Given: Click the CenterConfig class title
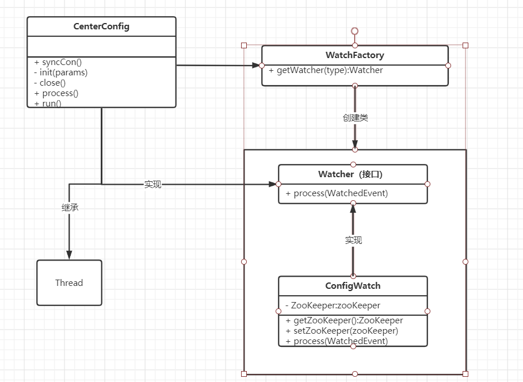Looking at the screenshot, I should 101,26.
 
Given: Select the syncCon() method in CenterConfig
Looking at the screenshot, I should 58,62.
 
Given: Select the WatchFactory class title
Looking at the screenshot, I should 354,55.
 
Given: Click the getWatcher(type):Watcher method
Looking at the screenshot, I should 326,70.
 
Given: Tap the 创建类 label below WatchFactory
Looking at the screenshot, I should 354,118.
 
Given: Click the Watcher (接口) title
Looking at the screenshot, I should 353,174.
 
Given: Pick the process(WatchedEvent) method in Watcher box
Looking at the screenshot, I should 337,193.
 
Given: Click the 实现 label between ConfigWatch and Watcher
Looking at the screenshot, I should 353,240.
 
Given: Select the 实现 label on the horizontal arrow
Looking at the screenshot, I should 152,184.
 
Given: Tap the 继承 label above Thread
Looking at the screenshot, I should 70,208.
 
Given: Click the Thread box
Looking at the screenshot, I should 69,282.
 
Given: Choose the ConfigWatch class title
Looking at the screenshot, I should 353,285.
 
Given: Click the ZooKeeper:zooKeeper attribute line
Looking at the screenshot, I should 333,305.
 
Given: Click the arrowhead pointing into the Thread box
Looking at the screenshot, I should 69,255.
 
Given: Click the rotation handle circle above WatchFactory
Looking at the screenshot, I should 355,30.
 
